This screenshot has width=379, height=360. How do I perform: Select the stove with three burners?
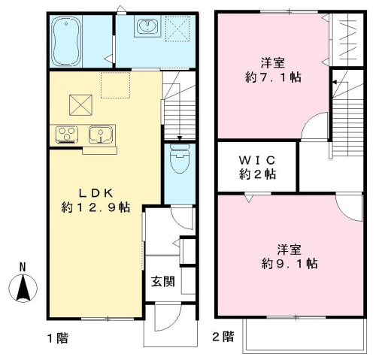tap(66, 135)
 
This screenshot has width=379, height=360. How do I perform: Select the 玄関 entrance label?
tap(162, 283)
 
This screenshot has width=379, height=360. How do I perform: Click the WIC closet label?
tap(257, 160)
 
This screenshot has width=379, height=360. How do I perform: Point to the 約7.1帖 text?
tap(271, 77)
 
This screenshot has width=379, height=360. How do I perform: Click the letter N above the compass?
tap(23, 266)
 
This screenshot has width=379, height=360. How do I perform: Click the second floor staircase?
tap(347, 113)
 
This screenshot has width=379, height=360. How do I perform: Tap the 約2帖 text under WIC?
tap(257, 175)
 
